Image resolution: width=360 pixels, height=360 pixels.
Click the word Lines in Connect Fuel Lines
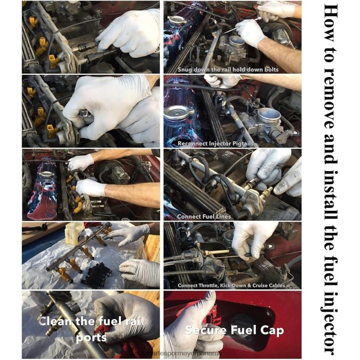223,216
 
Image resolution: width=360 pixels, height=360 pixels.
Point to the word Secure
204,331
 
